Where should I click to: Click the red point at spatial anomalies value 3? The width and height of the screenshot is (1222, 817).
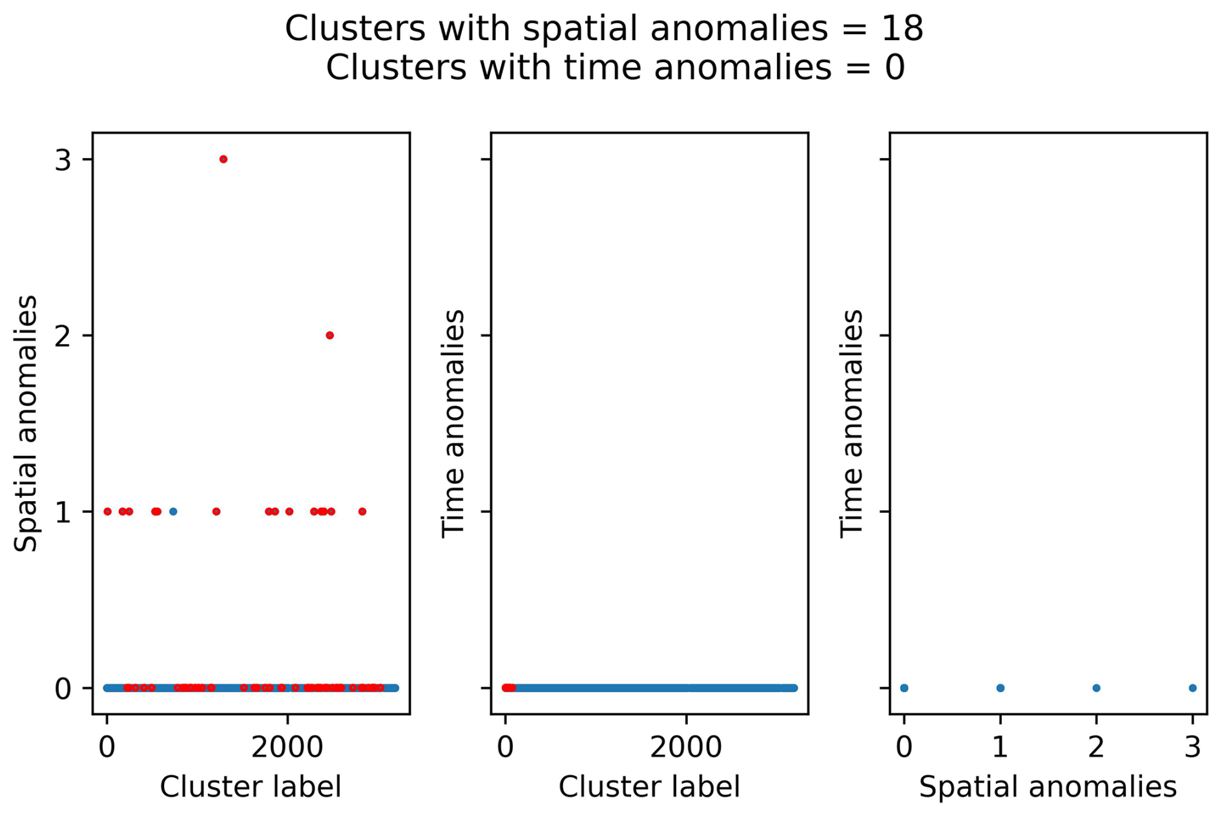coord(223,160)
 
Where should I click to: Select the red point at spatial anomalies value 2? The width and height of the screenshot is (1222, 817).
coord(330,335)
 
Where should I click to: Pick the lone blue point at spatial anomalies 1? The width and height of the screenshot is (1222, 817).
coord(173,512)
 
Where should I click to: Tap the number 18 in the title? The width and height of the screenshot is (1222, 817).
coord(902,29)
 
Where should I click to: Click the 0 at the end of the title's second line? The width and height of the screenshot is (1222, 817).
coord(895,68)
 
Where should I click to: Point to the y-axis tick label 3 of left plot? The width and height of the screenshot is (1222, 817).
coord(63,160)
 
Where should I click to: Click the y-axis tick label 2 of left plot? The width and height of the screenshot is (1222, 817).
coord(63,336)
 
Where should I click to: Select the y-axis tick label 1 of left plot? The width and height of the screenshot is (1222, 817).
coord(63,512)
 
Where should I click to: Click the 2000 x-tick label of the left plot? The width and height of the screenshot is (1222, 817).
coord(287,747)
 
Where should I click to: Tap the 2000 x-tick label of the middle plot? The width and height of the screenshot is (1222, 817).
coord(686,747)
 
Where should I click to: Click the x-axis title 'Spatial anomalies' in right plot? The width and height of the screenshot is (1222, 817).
coord(1048,787)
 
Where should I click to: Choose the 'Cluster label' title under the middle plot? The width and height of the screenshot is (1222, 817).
coord(649,787)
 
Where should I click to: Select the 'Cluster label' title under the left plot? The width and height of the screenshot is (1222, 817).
coord(251,787)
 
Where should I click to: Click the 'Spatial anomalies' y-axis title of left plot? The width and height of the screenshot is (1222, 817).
coord(26,424)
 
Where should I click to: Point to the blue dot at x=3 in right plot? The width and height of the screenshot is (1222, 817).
coord(1192,688)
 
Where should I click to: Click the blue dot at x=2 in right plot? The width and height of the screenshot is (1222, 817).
coord(1096,688)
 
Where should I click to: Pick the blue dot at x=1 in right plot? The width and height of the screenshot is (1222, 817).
coord(1000,688)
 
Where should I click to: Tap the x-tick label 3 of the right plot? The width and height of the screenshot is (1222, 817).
coord(1192,747)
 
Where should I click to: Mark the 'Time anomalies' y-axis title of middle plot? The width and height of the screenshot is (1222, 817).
coord(453,424)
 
